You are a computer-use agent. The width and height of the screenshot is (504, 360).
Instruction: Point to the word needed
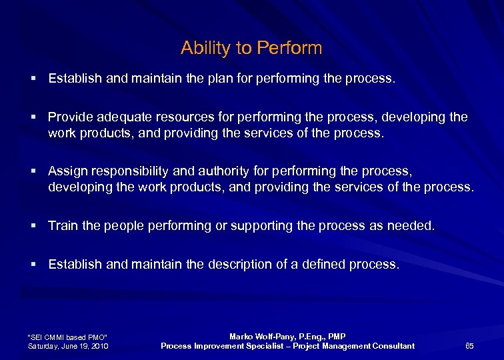pos(411,226)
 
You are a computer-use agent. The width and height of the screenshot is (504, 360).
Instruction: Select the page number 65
pos(469,345)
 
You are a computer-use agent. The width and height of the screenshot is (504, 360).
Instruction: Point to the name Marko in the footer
pos(242,337)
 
